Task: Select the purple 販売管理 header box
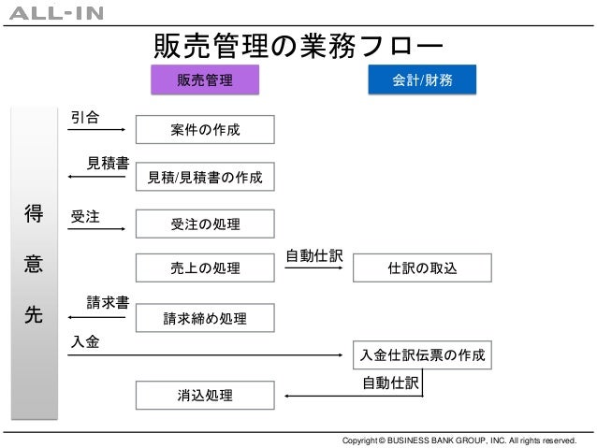pyautogui.click(x=205, y=80)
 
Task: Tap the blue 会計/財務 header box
pyautogui.click(x=423, y=80)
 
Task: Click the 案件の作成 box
pyautogui.click(x=205, y=129)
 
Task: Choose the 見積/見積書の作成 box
pyautogui.click(x=205, y=176)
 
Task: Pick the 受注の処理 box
pyautogui.click(x=205, y=224)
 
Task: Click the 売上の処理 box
pyautogui.click(x=205, y=268)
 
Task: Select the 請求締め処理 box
pyautogui.click(x=205, y=318)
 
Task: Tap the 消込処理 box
pyautogui.click(x=205, y=396)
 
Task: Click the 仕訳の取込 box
pyautogui.click(x=422, y=268)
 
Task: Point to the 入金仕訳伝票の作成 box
pyautogui.click(x=422, y=355)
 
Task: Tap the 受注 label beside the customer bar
pyautogui.click(x=85, y=216)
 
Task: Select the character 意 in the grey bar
pyautogui.click(x=33, y=266)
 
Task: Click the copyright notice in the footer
pyautogui.click(x=460, y=440)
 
